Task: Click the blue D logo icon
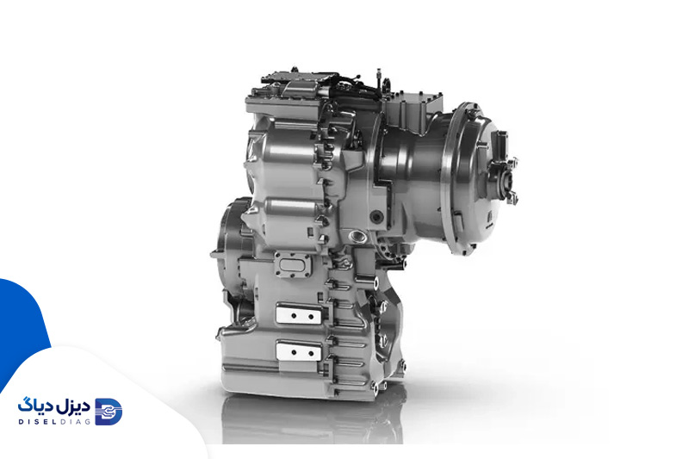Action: click(x=109, y=412)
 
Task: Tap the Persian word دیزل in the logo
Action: click(x=72, y=407)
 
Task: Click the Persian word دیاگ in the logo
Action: click(x=34, y=406)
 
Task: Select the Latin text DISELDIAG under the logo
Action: click(x=54, y=422)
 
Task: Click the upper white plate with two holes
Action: click(x=299, y=314)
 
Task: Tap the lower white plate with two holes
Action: click(x=299, y=351)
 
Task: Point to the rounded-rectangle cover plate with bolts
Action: click(x=293, y=265)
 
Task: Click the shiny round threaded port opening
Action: click(x=357, y=237)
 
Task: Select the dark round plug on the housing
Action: click(x=376, y=216)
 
